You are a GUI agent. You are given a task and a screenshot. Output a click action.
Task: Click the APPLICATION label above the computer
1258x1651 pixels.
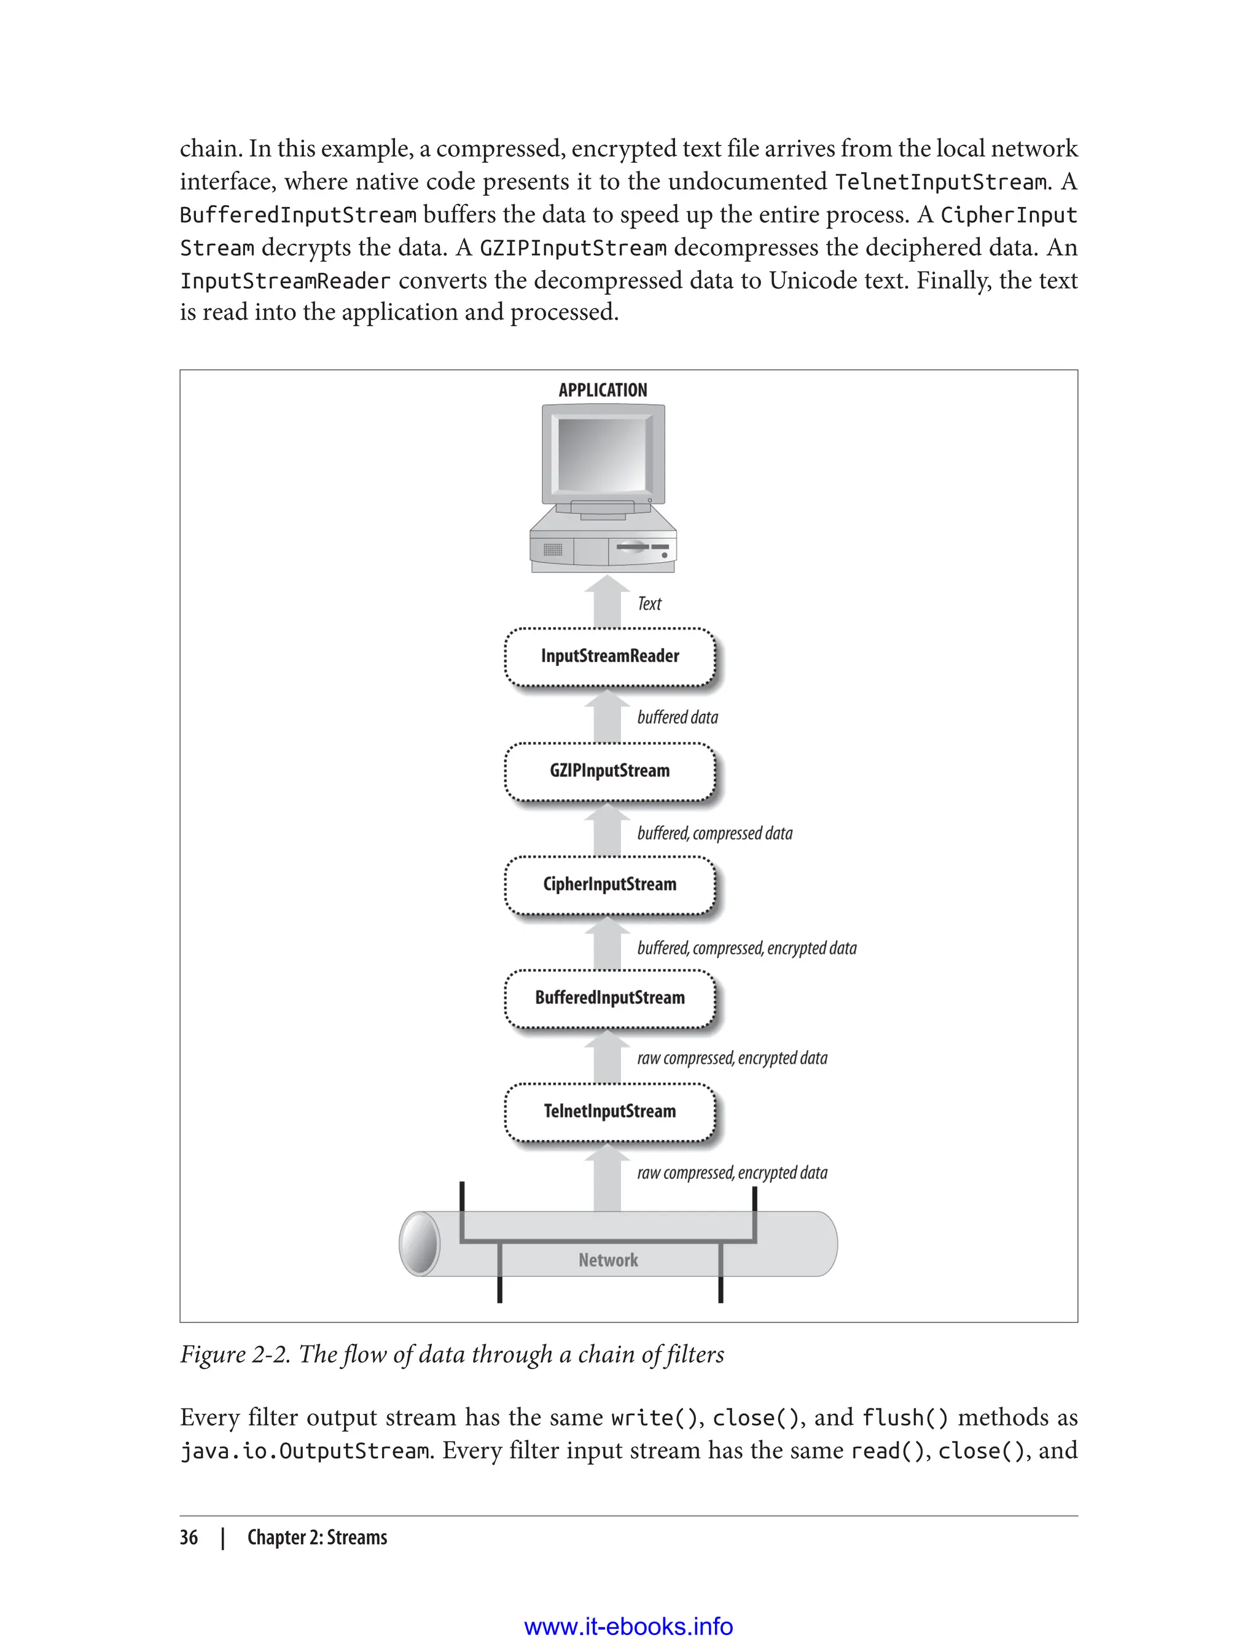click(603, 390)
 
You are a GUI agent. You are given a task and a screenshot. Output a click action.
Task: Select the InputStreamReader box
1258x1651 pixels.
click(609, 657)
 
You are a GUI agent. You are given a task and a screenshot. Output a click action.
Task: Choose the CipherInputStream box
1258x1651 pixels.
click(609, 885)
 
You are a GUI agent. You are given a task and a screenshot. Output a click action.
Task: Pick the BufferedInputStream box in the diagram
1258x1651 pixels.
click(609, 998)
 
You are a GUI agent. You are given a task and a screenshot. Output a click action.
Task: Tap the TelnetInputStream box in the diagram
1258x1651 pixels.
click(609, 1112)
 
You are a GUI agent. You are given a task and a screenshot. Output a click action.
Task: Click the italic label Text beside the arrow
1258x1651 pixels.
click(649, 604)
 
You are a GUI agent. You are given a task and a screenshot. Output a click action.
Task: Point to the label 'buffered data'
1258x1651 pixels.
click(677, 717)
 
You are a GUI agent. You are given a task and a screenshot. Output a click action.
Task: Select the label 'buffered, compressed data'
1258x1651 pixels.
click(714, 833)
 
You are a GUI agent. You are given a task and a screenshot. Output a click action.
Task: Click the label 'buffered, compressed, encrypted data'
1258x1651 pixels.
click(746, 948)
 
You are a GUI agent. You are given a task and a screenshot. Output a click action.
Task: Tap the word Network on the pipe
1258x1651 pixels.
click(608, 1260)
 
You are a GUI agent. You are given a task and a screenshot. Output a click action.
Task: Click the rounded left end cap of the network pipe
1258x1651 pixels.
click(420, 1244)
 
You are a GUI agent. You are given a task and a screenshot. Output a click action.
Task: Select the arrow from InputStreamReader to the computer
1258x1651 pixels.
click(608, 603)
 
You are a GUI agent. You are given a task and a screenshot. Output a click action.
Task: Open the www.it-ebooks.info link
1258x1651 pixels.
click(628, 1626)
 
